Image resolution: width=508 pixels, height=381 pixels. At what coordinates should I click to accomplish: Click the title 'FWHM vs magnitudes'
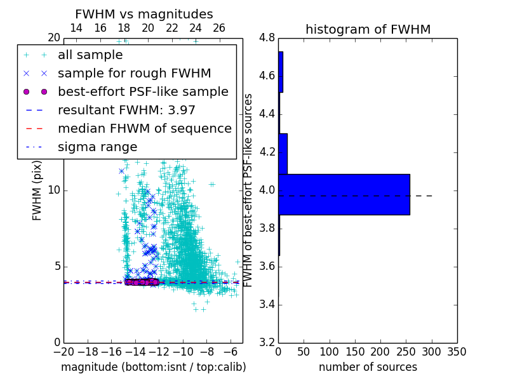pos(144,15)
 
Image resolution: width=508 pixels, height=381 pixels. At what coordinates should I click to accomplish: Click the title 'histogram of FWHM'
pos(368,29)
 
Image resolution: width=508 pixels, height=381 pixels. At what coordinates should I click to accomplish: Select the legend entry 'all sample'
pos(90,55)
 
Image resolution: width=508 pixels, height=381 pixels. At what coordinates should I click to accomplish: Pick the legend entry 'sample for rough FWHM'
pos(134,73)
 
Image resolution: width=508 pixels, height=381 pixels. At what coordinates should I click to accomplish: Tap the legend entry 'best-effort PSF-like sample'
pos(143,91)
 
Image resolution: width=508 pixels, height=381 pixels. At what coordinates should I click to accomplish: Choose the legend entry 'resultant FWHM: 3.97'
pos(126,110)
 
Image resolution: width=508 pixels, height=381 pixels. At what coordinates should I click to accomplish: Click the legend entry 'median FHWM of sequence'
pos(144,128)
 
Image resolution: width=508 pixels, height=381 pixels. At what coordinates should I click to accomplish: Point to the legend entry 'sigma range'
pos(97,147)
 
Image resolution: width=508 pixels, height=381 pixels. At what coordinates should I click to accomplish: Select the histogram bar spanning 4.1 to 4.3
pos(283,154)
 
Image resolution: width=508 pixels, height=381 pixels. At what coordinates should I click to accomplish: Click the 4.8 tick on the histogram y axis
pos(267,37)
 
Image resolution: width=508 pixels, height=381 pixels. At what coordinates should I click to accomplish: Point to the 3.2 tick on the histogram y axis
pos(267,342)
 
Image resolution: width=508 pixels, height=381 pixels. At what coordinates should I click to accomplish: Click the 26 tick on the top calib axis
pos(219,28)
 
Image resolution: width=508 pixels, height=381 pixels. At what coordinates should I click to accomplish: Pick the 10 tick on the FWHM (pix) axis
pos(55,190)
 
